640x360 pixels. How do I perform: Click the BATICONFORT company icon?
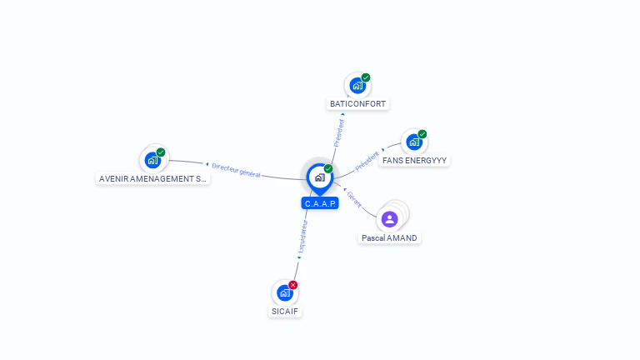[357, 86]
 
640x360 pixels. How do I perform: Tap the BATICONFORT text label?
[358, 104]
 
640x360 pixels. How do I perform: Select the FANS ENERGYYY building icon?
[413, 142]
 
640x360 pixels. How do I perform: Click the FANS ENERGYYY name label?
[414, 160]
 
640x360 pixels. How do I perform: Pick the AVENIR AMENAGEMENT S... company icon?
[152, 160]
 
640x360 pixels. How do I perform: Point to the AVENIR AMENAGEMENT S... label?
[152, 178]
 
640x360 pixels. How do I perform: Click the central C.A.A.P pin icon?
[319, 177]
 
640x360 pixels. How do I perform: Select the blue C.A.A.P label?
[320, 203]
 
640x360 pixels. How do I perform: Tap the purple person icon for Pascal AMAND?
[389, 219]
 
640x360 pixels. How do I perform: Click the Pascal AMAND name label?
[389, 237]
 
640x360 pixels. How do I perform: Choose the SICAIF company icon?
[284, 293]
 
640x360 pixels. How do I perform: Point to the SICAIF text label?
[285, 312]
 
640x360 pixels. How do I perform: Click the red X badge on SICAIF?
[292, 285]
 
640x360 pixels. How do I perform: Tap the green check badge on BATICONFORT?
[366, 77]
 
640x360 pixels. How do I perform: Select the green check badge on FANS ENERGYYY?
[422, 134]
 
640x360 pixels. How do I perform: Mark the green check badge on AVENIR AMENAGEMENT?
[161, 152]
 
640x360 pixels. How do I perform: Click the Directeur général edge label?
[236, 170]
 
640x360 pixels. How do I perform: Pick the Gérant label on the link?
[354, 198]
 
